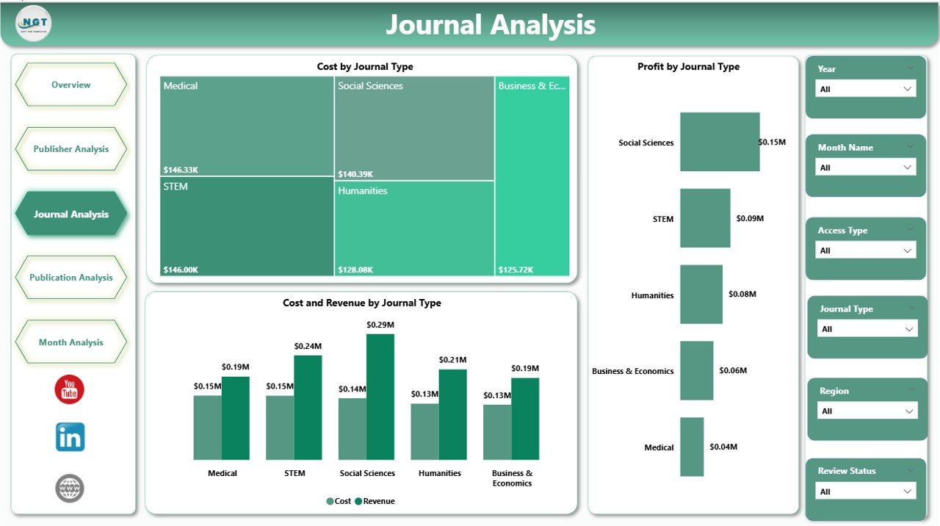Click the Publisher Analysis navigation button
(x=70, y=149)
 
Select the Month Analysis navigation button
(x=70, y=342)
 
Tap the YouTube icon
(x=70, y=389)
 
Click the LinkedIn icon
(x=70, y=437)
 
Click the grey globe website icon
(x=70, y=489)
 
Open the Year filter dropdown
(x=866, y=89)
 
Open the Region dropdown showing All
(x=867, y=411)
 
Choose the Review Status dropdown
(x=866, y=491)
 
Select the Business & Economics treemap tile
(x=532, y=176)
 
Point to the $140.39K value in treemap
(x=355, y=174)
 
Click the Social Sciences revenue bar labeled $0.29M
(x=380, y=397)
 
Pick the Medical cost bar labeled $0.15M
(x=207, y=428)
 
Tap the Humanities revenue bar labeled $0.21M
(x=452, y=414)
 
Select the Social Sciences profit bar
(x=720, y=142)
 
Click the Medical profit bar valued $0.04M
(x=692, y=447)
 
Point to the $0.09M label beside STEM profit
(x=750, y=218)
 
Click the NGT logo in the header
(x=34, y=24)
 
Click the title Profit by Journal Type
(x=688, y=67)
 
